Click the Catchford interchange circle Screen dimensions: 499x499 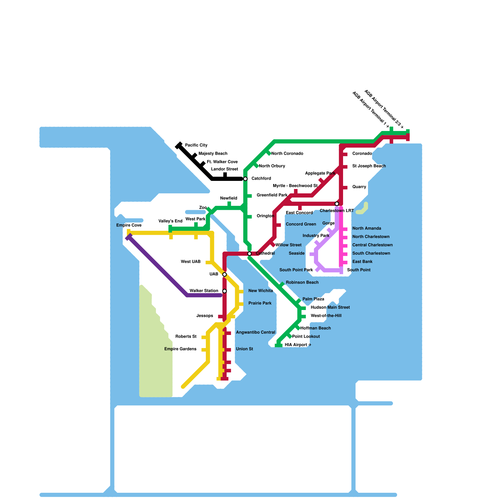pyautogui.click(x=245, y=179)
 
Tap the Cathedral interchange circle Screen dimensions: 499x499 pyautogui.click(x=249, y=254)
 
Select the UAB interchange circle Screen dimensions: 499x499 pyautogui.click(x=225, y=274)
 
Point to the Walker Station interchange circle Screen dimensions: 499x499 pyautogui.click(x=225, y=291)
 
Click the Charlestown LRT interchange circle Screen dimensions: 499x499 pyautogui.click(x=337, y=204)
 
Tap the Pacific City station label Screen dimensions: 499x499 pyautogui.click(x=196, y=145)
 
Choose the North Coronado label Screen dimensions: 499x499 pyautogui.click(x=287, y=154)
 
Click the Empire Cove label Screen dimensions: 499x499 pyautogui.click(x=129, y=225)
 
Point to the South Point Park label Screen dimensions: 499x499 pyautogui.click(x=296, y=270)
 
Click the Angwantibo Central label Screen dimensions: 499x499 pyautogui.click(x=255, y=332)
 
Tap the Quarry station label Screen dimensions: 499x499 pyautogui.click(x=359, y=187)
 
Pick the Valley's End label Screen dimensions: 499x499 pyautogui.click(x=170, y=221)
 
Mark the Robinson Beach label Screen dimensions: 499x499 pyautogui.click(x=302, y=283)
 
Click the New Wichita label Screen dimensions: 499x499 pyautogui.click(x=260, y=291)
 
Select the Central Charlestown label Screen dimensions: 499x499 pyautogui.click(x=372, y=245)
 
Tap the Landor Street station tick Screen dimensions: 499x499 pyautogui.click(x=225, y=175)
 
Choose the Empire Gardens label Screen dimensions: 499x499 pyautogui.click(x=180, y=349)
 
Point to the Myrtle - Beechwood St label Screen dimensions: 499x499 pyautogui.click(x=295, y=186)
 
